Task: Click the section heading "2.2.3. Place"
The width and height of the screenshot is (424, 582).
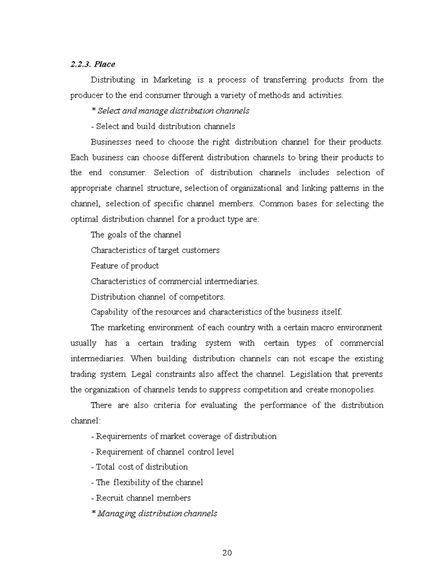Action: (x=93, y=64)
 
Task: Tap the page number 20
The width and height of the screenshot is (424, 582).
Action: (x=227, y=552)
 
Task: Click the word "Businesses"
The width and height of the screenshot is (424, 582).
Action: (x=111, y=142)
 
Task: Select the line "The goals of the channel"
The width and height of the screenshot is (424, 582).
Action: (x=136, y=235)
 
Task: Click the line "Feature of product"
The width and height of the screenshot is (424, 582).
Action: (x=125, y=266)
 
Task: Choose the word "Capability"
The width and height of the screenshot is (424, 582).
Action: (x=109, y=312)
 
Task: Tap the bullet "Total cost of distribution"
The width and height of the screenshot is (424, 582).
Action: (x=142, y=467)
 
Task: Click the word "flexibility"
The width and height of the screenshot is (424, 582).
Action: (x=134, y=483)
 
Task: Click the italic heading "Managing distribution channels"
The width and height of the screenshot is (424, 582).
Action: (x=157, y=513)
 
